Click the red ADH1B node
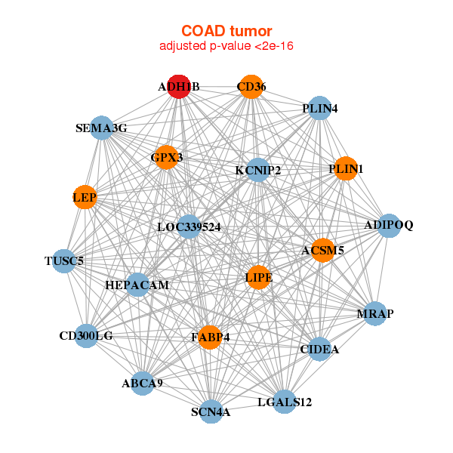click(179, 87)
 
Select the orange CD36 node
click(251, 87)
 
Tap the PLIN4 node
click(319, 108)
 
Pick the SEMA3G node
click(101, 128)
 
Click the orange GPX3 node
click(167, 158)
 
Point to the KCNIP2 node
click(258, 170)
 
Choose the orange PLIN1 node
click(346, 168)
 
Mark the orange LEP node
click(85, 197)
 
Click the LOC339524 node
click(189, 226)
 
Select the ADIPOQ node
click(389, 226)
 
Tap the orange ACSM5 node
click(323, 250)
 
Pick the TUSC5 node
click(64, 261)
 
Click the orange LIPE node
click(258, 277)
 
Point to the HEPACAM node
click(137, 285)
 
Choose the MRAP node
click(375, 313)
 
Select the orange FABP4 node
click(211, 337)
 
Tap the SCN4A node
click(211, 411)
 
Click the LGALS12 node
click(285, 402)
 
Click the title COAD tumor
click(226, 31)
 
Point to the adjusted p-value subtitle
click(226, 46)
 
